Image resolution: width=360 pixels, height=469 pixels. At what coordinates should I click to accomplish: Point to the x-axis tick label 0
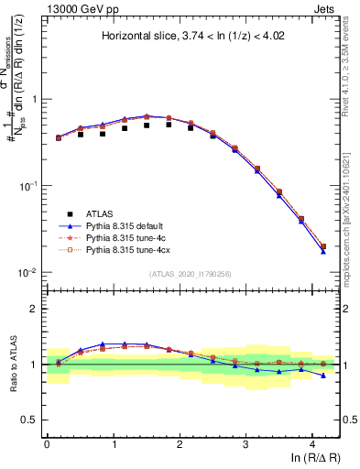coord(47,442)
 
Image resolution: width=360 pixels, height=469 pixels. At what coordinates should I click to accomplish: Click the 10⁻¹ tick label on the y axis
coord(28,186)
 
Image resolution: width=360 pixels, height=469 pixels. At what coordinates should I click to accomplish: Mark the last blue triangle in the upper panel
coord(322,251)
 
